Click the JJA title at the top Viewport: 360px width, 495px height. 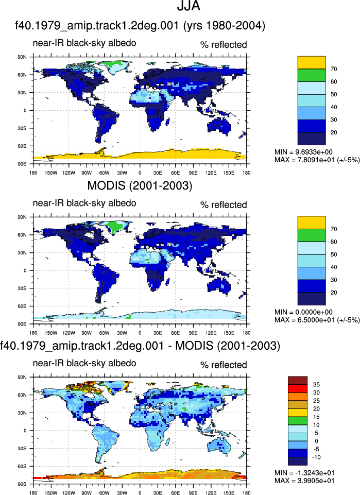point(188,6)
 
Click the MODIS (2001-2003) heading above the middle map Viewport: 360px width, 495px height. point(140,185)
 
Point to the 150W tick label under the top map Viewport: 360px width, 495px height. point(51,173)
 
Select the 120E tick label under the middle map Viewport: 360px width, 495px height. point(211,333)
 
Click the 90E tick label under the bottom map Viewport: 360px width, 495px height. point(193,492)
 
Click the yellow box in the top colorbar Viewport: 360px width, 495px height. point(312,62)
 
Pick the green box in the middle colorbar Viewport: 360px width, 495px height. point(312,235)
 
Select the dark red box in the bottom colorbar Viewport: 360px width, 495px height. point(298,381)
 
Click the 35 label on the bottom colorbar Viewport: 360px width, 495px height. point(316,384)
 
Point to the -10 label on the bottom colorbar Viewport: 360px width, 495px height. point(316,457)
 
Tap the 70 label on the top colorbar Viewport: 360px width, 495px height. point(334,69)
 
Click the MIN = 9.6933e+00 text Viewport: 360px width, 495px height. point(303,152)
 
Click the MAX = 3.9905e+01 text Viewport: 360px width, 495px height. point(304,481)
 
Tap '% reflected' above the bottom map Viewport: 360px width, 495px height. point(224,365)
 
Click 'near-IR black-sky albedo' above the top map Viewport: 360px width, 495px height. point(84,43)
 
